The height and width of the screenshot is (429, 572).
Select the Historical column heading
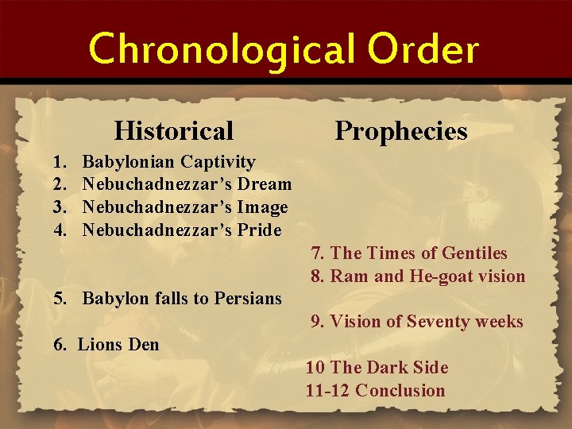coord(174,130)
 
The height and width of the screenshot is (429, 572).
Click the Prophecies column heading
coord(401,130)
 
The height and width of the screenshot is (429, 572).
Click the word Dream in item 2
coord(266,185)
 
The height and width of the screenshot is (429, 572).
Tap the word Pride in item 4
coord(259,230)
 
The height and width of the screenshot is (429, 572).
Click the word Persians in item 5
coord(248,299)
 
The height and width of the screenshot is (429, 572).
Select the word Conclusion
coord(400,390)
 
